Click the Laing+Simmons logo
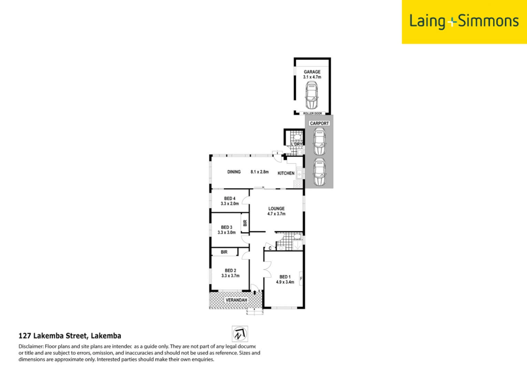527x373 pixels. click(464, 21)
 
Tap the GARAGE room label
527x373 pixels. click(312, 72)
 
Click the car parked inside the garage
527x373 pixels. click(312, 95)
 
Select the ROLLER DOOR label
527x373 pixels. click(313, 113)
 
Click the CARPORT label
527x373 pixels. click(319, 123)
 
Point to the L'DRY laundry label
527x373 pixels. click(296, 144)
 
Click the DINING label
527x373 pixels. click(234, 172)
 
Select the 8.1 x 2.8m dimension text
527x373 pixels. click(260, 172)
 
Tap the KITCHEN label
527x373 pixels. click(286, 173)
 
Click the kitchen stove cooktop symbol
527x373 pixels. click(298, 184)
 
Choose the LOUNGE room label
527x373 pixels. click(276, 209)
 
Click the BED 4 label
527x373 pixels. click(230, 199)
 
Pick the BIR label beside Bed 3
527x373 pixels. click(245, 223)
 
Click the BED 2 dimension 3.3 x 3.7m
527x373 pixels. click(230, 276)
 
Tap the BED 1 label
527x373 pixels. click(285, 277)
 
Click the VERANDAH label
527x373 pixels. click(236, 300)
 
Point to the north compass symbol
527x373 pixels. click(240, 334)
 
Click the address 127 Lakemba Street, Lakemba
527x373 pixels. click(70, 336)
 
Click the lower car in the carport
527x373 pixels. click(320, 172)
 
